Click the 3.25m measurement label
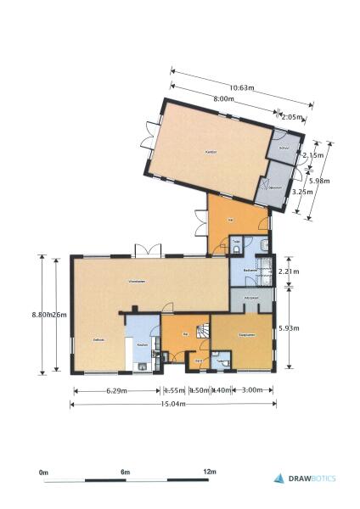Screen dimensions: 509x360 pyautogui.click(x=300, y=193)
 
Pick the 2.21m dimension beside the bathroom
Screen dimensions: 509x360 pyautogui.click(x=290, y=271)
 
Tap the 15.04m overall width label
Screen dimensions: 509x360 pyautogui.click(x=173, y=404)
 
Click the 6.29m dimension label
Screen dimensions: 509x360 pyautogui.click(x=116, y=390)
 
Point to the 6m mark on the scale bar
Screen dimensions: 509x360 pyautogui.click(x=126, y=471)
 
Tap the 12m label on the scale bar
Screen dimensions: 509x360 pyautogui.click(x=210, y=471)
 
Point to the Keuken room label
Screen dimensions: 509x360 pyautogui.click(x=143, y=333)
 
